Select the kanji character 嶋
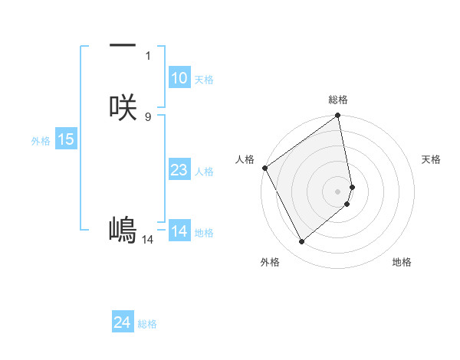click(x=123, y=229)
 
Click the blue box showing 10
click(x=179, y=78)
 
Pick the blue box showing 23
click(x=179, y=170)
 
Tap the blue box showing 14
click(x=179, y=231)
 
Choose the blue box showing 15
click(x=66, y=139)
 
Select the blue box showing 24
click(x=123, y=323)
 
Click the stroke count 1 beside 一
click(x=148, y=55)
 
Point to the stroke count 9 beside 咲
click(x=148, y=116)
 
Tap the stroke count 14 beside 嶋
click(x=148, y=239)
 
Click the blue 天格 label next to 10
click(x=204, y=79)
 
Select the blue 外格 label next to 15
click(x=41, y=140)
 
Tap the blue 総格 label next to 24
click(x=147, y=324)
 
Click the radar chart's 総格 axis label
click(x=338, y=100)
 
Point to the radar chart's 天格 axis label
click(x=432, y=159)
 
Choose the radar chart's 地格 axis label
click(x=402, y=262)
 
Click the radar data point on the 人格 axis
click(x=265, y=168)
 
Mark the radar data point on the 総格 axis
click(x=338, y=116)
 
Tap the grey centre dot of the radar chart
click(x=338, y=191)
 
